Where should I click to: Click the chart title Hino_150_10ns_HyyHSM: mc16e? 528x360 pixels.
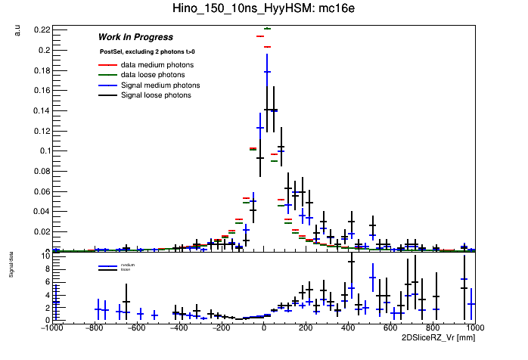[x=263, y=9]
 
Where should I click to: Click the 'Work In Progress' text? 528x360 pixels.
[x=135, y=37]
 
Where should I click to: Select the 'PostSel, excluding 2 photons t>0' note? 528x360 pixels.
[x=147, y=52]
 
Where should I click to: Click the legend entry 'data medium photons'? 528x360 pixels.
[x=157, y=65]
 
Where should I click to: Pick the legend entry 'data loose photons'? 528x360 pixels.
[x=153, y=75]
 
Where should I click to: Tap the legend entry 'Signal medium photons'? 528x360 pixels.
[x=160, y=85]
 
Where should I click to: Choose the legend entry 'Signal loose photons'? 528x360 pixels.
[x=156, y=95]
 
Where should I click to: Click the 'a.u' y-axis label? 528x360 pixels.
[x=17, y=30]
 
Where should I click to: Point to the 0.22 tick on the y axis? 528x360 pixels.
[x=40, y=29]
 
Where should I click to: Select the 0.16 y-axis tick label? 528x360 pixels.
[x=40, y=90]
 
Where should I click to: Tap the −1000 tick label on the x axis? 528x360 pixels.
[x=51, y=327]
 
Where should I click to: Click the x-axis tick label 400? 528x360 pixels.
[x=348, y=327]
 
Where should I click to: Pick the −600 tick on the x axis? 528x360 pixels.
[x=135, y=327]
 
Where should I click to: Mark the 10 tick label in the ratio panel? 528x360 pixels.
[x=44, y=256]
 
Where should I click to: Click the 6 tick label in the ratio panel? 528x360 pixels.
[x=46, y=281]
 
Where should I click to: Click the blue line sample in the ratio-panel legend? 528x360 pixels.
[x=107, y=265]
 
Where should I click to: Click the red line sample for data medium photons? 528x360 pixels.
[x=107, y=65]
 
